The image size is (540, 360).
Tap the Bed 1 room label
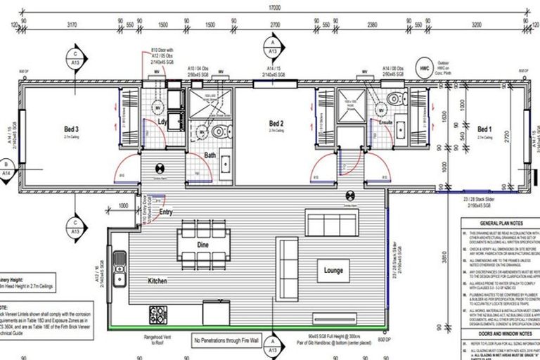pyautogui.click(x=484, y=129)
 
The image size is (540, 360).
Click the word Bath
pyautogui.click(x=210, y=155)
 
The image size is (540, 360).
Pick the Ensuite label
pyautogui.click(x=386, y=122)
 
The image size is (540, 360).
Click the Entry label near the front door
pyautogui.click(x=166, y=212)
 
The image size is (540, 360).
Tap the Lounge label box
pyautogui.click(x=333, y=269)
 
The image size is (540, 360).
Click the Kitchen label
pyautogui.click(x=157, y=281)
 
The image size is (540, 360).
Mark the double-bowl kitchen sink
pyautogui.click(x=120, y=262)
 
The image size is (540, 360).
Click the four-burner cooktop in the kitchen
pyautogui.click(x=157, y=313)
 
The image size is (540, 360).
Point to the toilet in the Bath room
pyautogui.click(x=219, y=131)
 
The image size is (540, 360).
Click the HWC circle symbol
pyautogui.click(x=424, y=69)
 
